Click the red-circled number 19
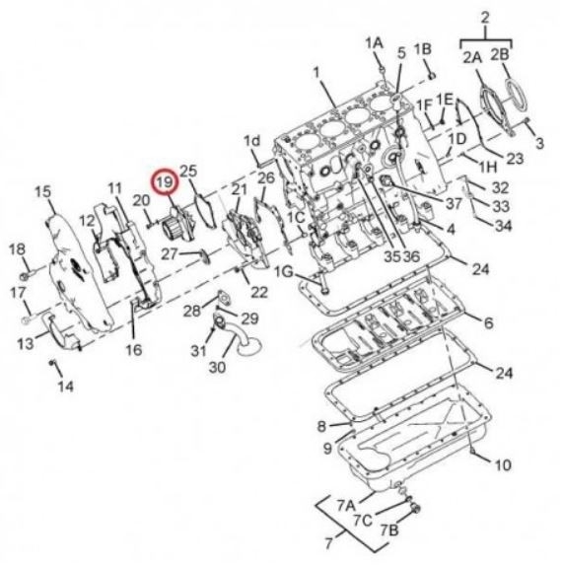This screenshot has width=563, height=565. [x=165, y=182]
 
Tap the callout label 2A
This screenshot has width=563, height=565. [x=472, y=57]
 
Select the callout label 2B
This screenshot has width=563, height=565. [x=500, y=54]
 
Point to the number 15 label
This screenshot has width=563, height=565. [x=43, y=191]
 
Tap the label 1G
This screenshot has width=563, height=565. [x=284, y=272]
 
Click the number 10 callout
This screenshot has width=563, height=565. [x=503, y=464]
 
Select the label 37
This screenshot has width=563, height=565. [x=454, y=203]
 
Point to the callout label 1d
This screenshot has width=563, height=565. [x=252, y=141]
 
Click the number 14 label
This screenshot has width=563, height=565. [x=65, y=387]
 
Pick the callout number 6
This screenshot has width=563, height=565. [x=488, y=323]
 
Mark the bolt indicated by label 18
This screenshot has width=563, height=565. [x=26, y=276]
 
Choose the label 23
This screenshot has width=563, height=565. [x=515, y=159]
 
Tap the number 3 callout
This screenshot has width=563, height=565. [x=539, y=143]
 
